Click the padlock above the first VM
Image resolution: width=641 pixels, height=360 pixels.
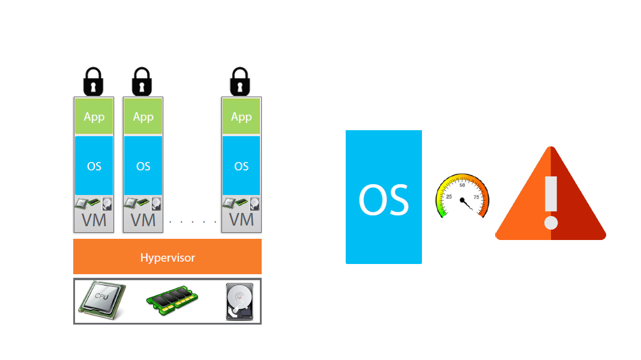[x=93, y=82]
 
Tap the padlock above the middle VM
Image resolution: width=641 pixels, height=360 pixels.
[x=142, y=82]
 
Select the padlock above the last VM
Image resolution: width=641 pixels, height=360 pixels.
[x=240, y=82]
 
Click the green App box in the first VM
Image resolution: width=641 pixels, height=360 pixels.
[x=94, y=116]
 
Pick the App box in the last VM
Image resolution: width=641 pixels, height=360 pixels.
[x=241, y=116]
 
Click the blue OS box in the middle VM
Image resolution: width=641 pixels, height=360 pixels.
[x=143, y=166]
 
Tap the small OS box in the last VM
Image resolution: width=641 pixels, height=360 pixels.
[x=241, y=166]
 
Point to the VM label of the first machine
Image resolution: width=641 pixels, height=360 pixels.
[x=94, y=220]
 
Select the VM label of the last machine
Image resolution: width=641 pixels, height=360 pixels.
[x=241, y=220]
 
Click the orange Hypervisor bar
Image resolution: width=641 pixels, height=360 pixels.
[x=167, y=257]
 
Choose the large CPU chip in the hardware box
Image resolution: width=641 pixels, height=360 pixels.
[x=102, y=300]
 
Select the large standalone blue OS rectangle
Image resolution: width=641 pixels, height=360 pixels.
[x=384, y=197]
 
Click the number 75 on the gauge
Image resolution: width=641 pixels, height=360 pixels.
[x=476, y=197]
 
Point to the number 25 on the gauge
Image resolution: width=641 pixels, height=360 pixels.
[x=449, y=197]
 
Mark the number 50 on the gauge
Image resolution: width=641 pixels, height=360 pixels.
[x=462, y=185]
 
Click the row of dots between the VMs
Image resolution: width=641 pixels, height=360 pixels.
[x=193, y=222]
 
